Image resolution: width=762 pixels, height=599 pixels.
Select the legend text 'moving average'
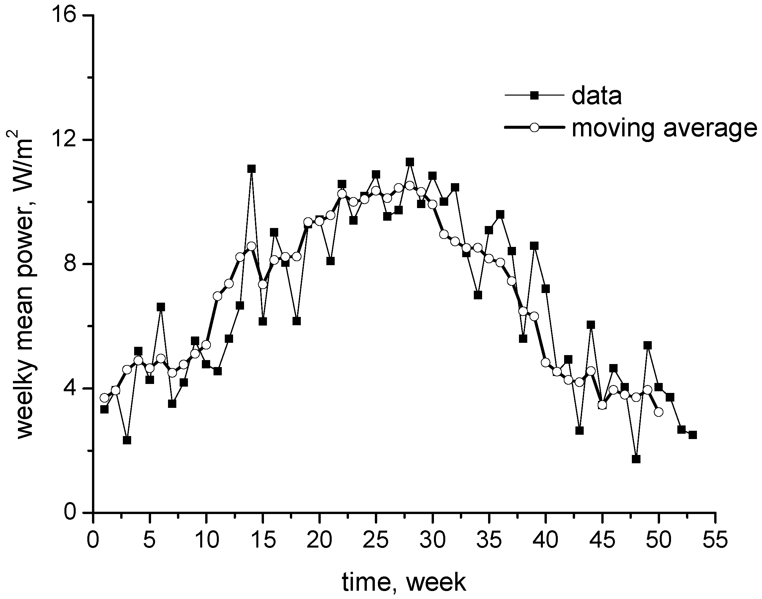click(664, 128)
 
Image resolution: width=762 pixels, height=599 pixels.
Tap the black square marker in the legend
click(534, 95)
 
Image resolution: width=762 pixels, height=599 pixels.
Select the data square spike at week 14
click(251, 169)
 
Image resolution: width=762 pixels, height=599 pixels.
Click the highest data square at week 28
click(410, 162)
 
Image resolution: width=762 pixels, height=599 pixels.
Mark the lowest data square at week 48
click(636, 459)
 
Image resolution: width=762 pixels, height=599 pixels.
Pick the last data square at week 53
click(693, 435)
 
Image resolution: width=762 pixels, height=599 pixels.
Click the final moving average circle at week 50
click(658, 412)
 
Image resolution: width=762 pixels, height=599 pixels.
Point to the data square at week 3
click(127, 440)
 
